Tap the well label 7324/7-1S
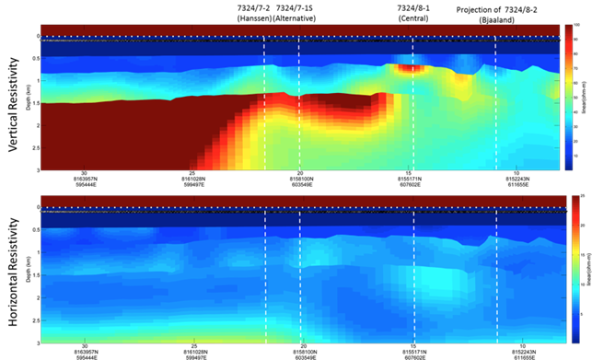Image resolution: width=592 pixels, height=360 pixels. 296,7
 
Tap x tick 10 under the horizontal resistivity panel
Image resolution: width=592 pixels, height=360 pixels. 517,344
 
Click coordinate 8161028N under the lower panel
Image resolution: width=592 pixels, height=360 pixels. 193,351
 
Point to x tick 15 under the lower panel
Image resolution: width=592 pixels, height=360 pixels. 410,344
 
